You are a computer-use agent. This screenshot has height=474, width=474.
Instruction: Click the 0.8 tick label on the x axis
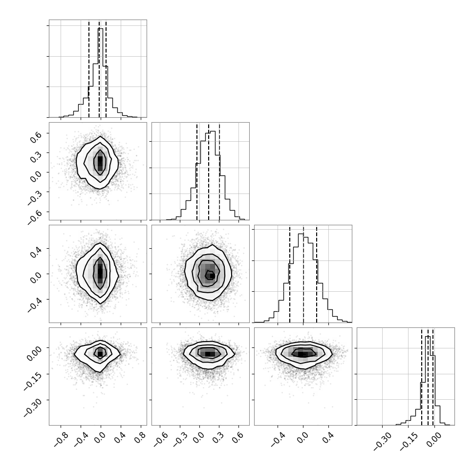pos(140,438)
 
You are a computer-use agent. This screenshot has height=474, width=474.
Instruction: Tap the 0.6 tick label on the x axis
pos(238,438)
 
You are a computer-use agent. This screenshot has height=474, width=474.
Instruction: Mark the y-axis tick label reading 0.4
pos(36,251)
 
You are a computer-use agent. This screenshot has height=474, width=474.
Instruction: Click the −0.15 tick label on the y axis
pos(32,378)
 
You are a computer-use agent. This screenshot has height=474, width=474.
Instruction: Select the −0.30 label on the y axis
pos(32,405)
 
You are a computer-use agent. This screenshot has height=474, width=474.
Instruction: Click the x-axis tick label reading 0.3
pos(219,438)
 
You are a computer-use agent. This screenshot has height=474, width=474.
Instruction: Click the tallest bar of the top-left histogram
pos(100,73)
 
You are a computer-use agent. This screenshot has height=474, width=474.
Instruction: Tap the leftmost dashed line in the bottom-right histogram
pos(421,376)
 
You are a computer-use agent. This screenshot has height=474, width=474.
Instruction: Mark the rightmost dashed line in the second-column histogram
pos(219,171)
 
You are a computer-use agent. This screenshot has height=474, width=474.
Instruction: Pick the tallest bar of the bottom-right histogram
pos(428,381)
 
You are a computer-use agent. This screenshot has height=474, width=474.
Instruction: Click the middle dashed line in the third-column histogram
pos(303,274)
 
